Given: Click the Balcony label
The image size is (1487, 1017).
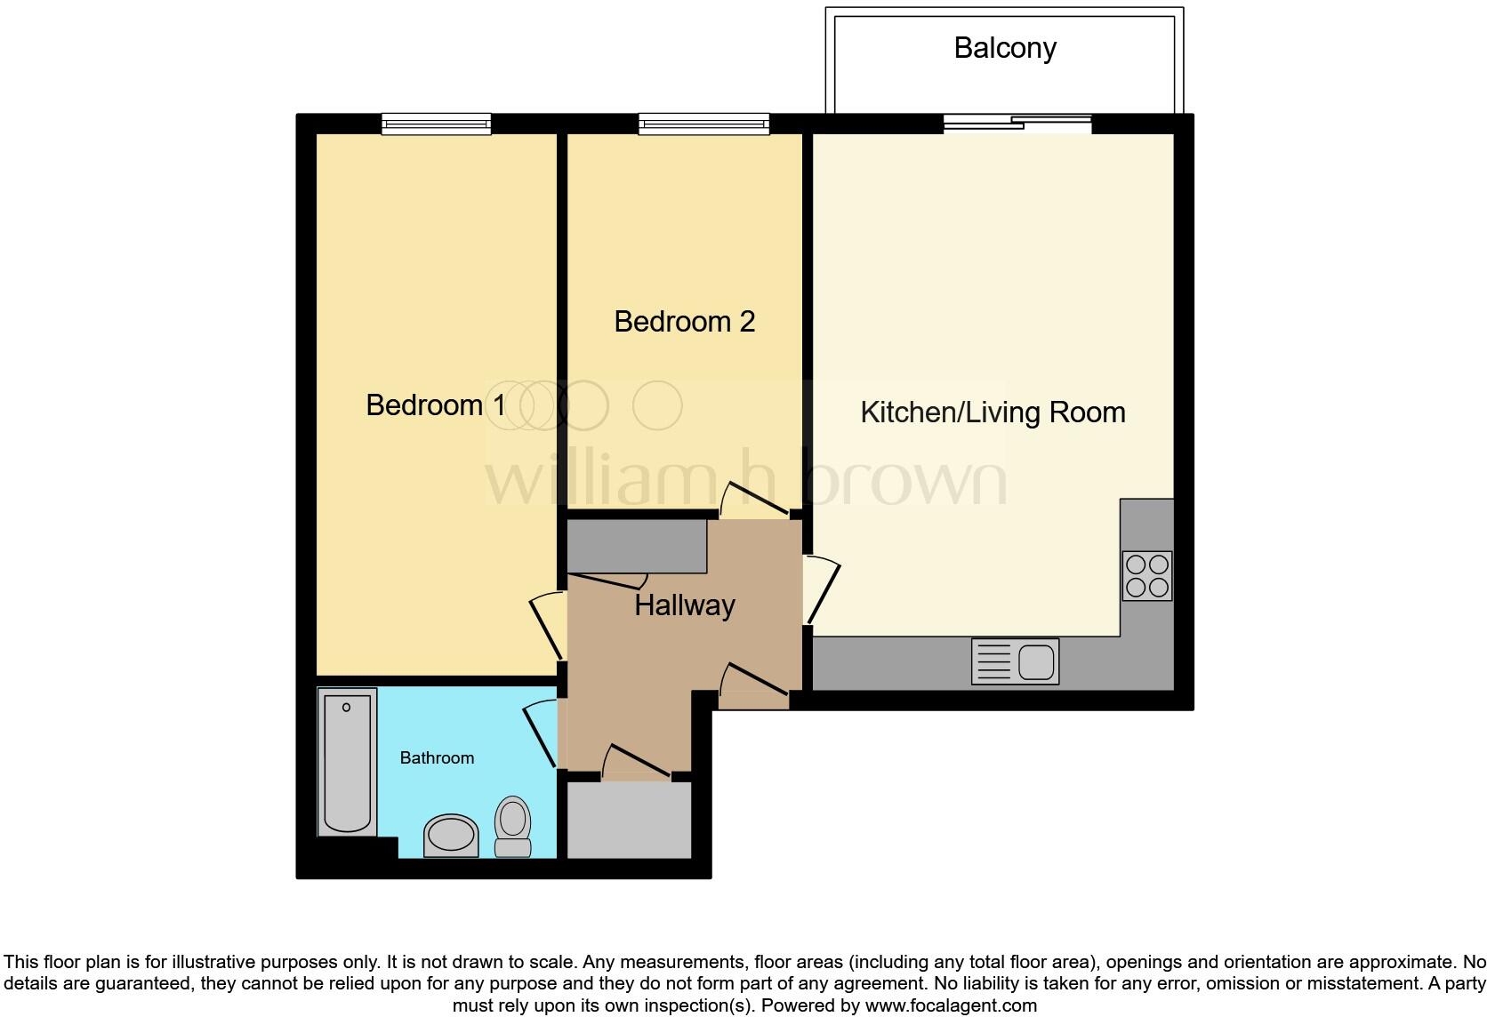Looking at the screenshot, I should click(x=1005, y=48).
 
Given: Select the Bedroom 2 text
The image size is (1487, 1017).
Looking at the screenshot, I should click(x=684, y=321).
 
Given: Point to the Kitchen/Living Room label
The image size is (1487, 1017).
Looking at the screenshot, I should click(x=993, y=412).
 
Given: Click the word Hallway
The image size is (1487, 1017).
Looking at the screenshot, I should click(x=684, y=605).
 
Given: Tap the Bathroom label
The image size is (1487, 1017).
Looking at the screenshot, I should click(x=437, y=758).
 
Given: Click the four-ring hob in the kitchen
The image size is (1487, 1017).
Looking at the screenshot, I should click(x=1146, y=576).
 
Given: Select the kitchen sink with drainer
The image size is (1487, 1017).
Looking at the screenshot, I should click(x=1015, y=661).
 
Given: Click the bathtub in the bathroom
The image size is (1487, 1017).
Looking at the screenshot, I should click(x=347, y=763).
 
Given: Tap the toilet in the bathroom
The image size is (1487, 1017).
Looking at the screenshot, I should click(x=512, y=826).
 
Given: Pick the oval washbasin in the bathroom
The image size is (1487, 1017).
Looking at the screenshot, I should click(x=451, y=835).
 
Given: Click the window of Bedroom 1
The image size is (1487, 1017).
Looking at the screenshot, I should click(x=436, y=124).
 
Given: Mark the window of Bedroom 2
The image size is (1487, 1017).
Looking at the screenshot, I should click(x=703, y=124).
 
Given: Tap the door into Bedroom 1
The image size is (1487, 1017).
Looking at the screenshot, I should click(x=547, y=627).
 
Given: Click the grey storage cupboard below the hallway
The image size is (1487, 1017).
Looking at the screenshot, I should click(x=629, y=821).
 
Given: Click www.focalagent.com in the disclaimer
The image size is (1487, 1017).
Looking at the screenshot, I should click(x=950, y=1006).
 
